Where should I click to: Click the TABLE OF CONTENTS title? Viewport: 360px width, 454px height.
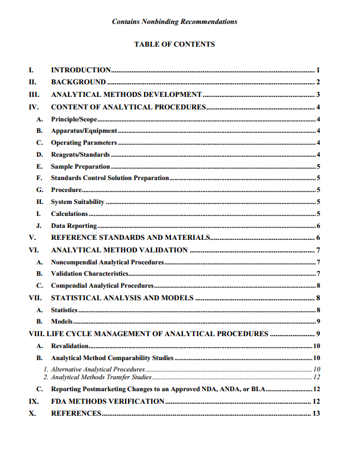click(174, 44)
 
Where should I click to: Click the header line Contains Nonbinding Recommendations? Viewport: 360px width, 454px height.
click(174, 22)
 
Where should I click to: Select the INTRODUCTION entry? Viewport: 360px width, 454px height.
click(81, 70)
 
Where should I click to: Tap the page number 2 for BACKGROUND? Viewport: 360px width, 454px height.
click(319, 82)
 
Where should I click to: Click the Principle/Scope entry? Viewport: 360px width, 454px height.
click(74, 120)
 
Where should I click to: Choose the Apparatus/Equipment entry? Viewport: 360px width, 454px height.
click(84, 131)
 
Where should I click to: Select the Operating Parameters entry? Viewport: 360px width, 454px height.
click(84, 143)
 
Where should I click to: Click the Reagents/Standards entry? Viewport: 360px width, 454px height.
click(80, 155)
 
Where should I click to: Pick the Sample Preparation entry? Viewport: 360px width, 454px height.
click(80, 167)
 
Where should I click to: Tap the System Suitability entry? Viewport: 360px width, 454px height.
click(78, 202)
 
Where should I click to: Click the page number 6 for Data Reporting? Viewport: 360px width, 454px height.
click(319, 226)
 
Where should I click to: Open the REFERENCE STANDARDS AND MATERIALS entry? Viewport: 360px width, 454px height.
click(130, 237)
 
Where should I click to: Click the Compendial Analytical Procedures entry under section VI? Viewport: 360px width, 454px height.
click(102, 286)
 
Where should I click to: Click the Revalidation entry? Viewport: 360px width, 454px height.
click(70, 346)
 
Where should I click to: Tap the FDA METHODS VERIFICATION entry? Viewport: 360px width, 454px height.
click(108, 401)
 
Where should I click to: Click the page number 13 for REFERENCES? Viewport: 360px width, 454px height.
click(317, 413)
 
